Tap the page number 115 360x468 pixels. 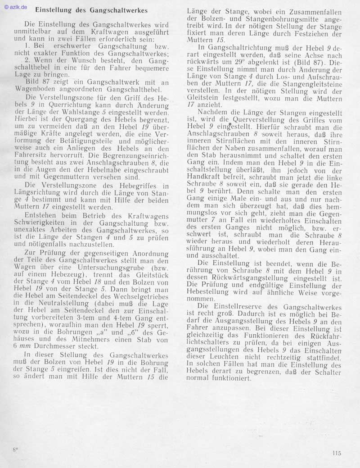click(x=337, y=453)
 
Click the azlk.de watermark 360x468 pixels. click(x=16, y=7)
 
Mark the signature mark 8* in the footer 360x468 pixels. click(x=15, y=450)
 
